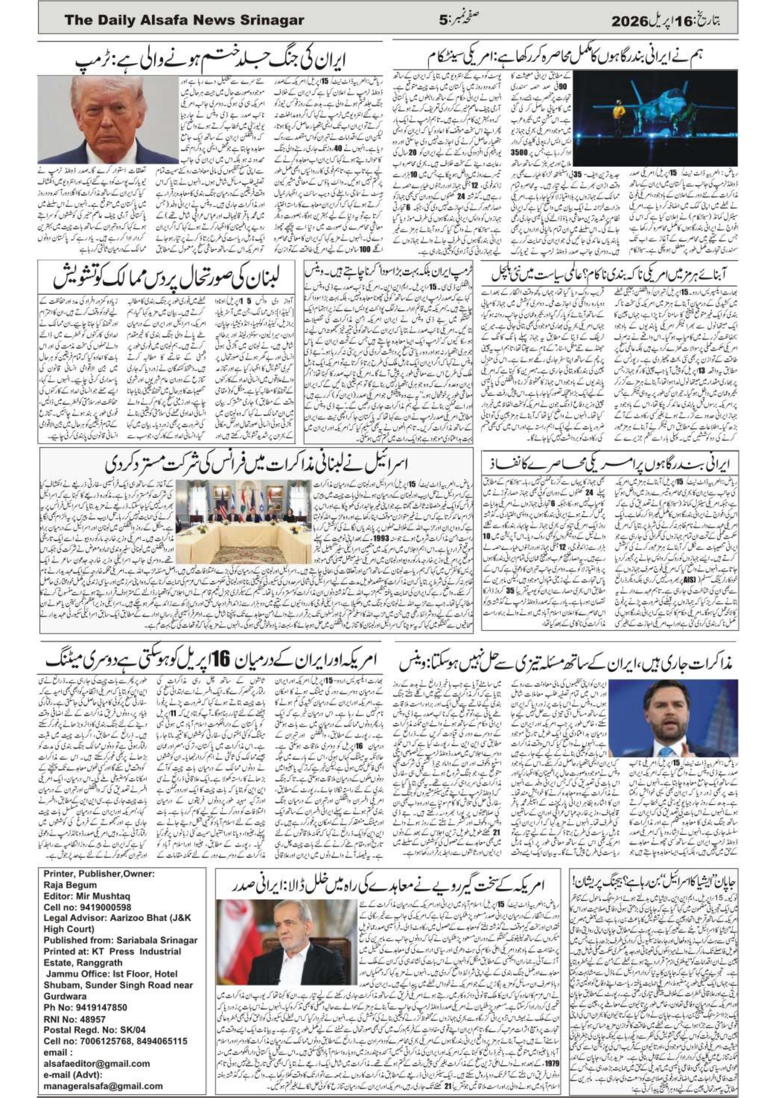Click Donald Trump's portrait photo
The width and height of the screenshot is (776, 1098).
tap(108, 120)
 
